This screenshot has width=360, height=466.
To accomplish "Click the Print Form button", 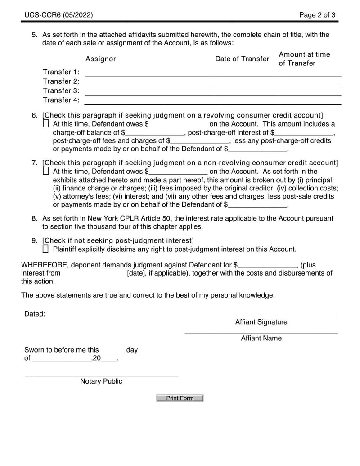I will [x=180, y=398].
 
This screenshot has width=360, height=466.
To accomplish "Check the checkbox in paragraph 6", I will [x=46, y=123].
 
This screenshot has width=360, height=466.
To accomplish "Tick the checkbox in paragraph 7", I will [x=46, y=171].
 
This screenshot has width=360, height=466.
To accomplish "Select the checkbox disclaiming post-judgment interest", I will [x=46, y=249].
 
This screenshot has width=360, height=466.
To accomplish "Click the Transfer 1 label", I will [x=61, y=72].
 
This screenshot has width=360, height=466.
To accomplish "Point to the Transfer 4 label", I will [x=61, y=100].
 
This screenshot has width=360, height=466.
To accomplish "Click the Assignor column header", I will [x=101, y=59].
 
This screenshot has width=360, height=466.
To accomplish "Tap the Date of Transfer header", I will [x=242, y=59].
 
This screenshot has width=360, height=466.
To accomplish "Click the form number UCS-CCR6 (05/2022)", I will [x=59, y=15].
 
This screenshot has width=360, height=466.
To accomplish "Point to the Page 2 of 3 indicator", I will [x=317, y=15].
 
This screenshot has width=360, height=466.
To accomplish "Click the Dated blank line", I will [x=78, y=315].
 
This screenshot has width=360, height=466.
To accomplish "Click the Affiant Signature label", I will [x=261, y=322].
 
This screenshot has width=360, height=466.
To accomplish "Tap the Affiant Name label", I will [x=261, y=338].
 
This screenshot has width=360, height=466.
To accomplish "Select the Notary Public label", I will [x=101, y=381].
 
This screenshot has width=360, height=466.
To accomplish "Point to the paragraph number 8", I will [x=34, y=218].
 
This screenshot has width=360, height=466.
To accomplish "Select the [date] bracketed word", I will [x=136, y=273].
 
